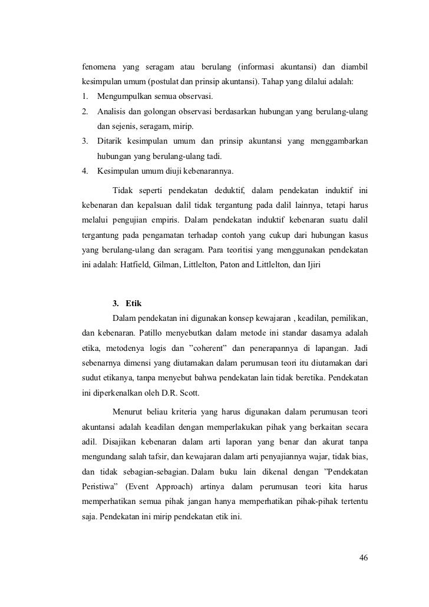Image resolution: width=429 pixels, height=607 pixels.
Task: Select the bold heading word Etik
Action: coord(134,303)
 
